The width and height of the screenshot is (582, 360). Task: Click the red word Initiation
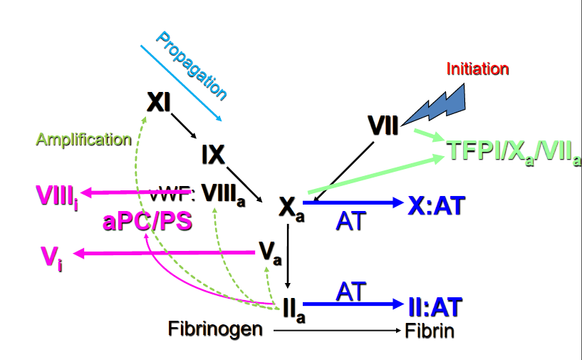(477, 69)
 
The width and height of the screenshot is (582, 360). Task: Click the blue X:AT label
(436, 205)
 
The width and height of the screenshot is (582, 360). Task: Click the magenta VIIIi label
(56, 193)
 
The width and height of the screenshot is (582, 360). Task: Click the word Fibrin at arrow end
(429, 331)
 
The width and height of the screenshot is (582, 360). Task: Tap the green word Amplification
(83, 140)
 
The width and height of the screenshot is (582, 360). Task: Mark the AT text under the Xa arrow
(350, 221)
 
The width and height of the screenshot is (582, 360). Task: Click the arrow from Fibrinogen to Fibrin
(336, 331)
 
